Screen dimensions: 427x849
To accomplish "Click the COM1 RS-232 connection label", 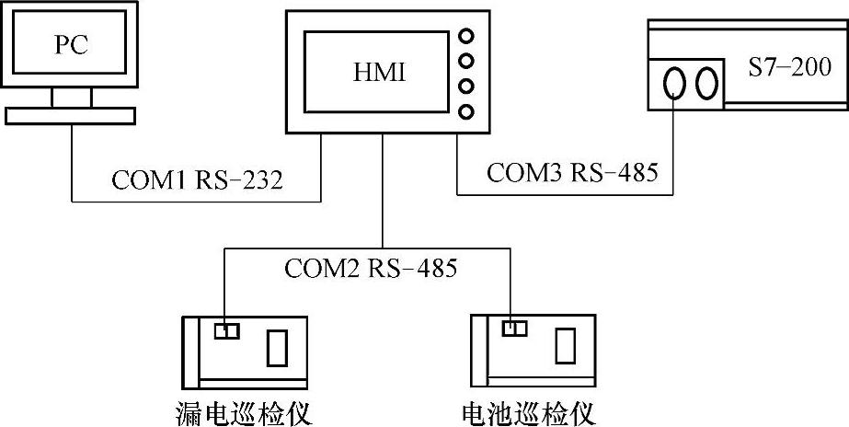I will click(x=197, y=179).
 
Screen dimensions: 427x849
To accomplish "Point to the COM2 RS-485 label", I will click(x=371, y=270).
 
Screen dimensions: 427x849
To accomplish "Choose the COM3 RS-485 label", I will click(x=572, y=172).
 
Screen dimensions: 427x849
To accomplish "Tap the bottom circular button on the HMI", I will click(x=466, y=112).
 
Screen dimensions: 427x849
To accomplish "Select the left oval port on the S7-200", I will click(x=676, y=83).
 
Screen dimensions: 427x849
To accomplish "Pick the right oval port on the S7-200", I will click(x=706, y=83).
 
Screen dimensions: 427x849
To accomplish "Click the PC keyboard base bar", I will click(x=70, y=115).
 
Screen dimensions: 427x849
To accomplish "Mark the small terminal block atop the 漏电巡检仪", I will click(x=226, y=330).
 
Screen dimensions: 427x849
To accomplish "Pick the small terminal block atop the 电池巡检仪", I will click(x=514, y=329).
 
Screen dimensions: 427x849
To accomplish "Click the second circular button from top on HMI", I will click(x=466, y=63).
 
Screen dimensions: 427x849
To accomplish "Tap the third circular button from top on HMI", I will click(x=466, y=87).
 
